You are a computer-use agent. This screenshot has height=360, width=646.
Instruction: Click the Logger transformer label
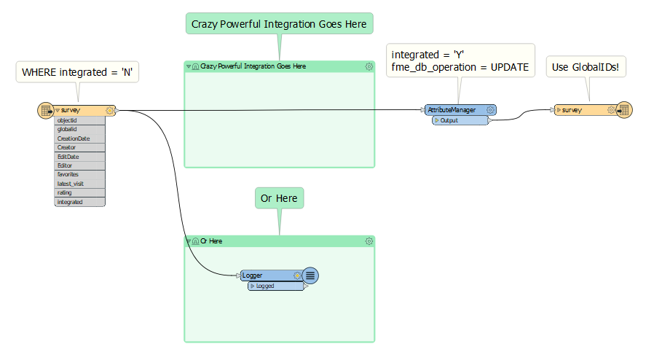(x=252, y=275)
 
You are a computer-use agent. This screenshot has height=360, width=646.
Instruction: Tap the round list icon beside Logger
(x=310, y=275)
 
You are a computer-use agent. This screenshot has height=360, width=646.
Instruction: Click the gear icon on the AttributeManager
(x=490, y=110)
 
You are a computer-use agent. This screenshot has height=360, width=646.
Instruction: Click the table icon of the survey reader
(x=46, y=111)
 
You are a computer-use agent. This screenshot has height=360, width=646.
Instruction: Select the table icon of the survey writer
(x=624, y=110)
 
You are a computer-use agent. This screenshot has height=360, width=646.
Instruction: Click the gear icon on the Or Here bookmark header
(x=369, y=241)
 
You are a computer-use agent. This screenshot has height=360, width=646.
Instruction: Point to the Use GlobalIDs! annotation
(x=586, y=67)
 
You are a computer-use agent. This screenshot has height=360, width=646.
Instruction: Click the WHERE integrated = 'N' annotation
(x=77, y=72)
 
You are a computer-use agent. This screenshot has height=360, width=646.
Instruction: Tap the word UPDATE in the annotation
(x=510, y=67)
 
